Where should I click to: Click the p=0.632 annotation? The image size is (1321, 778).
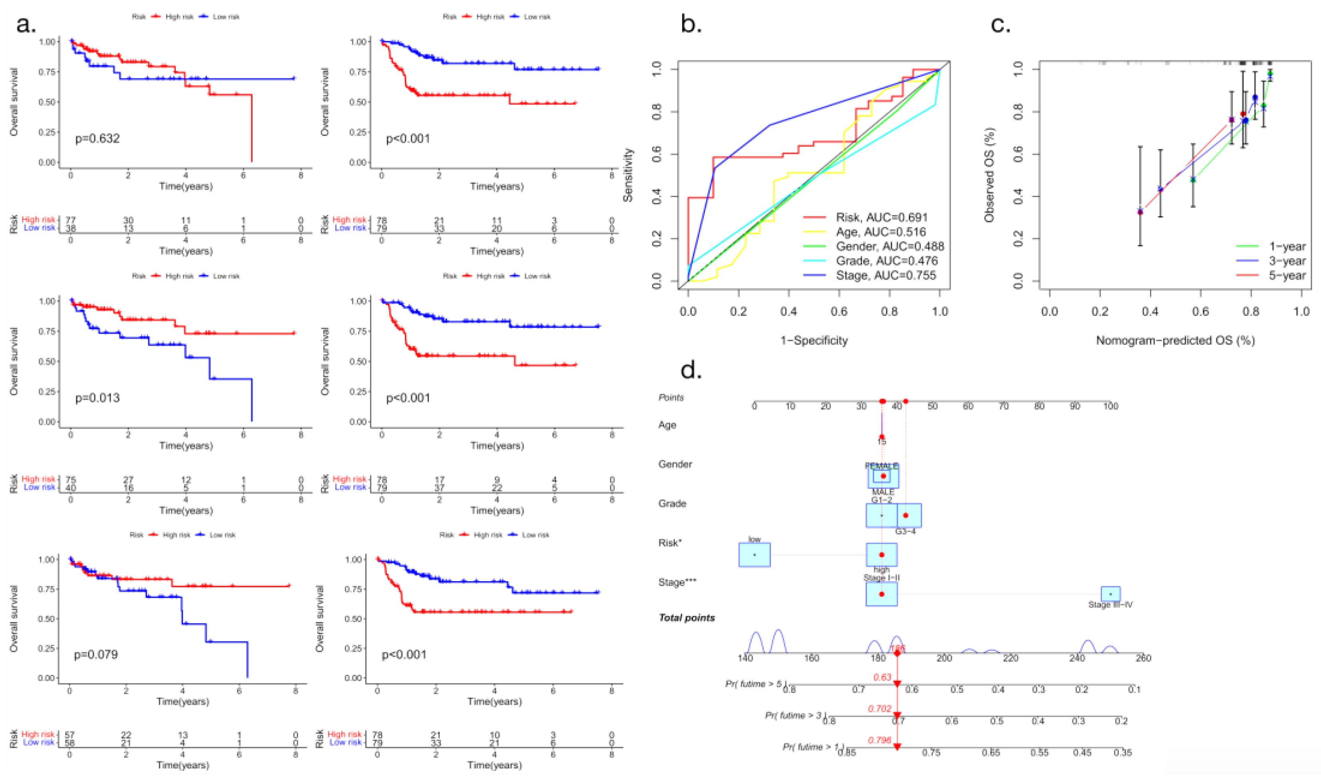pos(97,138)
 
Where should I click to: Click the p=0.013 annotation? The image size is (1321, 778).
pos(97,398)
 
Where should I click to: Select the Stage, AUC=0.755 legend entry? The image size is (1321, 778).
pos(885,275)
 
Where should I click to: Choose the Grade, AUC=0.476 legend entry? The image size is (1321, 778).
pos(886,261)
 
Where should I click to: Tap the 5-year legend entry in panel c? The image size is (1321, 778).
pos(1287,275)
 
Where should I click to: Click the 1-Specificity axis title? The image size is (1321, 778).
pos(814,341)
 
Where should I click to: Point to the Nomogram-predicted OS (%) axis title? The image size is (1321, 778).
pos(1175,341)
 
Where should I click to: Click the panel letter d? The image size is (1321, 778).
pos(691,370)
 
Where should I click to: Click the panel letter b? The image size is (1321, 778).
pos(691,25)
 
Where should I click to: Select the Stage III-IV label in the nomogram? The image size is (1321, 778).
pos(1110,604)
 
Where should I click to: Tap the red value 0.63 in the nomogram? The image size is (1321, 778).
pos(882,677)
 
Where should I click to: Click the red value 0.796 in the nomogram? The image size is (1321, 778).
pos(879,740)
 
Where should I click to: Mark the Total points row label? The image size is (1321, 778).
pos(687,618)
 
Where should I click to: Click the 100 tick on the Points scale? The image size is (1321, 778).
pos(1110,406)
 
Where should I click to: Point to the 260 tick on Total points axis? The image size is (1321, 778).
pos(1143,658)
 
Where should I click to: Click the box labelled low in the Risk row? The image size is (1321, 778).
pos(754,555)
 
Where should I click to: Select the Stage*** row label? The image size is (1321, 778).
pos(677,583)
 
